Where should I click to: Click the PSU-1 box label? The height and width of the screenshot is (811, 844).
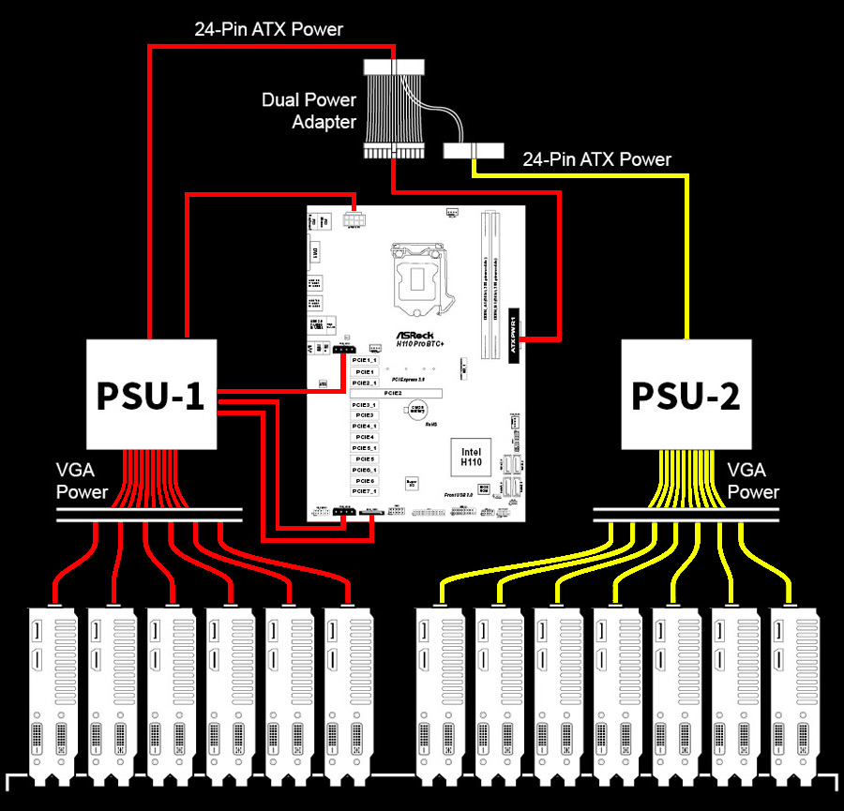[x=150, y=394]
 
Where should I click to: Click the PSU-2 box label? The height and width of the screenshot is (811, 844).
[x=686, y=394]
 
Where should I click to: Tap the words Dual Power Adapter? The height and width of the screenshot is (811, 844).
[x=309, y=111]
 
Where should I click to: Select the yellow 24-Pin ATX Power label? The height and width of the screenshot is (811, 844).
[x=596, y=159]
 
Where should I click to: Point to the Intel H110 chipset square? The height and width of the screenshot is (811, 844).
[x=470, y=457]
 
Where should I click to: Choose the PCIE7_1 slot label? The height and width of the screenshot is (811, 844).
[x=365, y=490]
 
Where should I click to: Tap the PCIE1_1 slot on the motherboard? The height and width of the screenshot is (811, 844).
[x=365, y=360]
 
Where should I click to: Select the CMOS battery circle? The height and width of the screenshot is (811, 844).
[x=415, y=413]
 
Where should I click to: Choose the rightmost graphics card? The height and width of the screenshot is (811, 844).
[x=795, y=694]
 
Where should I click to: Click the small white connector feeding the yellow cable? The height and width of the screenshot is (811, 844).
[x=474, y=151]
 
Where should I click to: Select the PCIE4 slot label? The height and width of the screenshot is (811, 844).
[x=365, y=437]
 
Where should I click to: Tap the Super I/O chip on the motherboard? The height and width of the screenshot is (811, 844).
[x=412, y=484]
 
